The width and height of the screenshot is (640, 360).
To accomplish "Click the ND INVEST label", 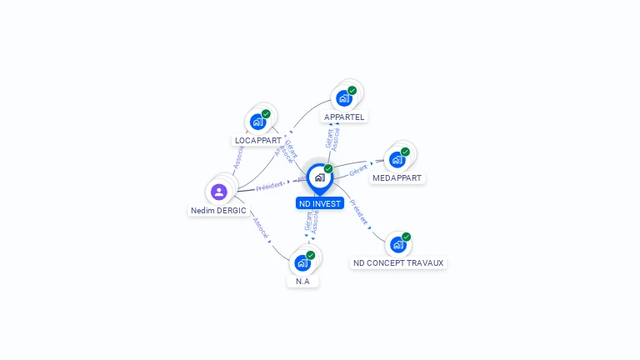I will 320,203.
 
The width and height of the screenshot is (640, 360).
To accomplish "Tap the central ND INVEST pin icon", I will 320,177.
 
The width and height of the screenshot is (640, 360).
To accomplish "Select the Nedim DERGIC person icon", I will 219,192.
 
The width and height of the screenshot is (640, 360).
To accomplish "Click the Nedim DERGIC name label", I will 218,211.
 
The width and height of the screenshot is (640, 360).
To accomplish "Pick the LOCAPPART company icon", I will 258,122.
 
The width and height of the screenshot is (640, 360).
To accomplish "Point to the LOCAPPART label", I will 258,141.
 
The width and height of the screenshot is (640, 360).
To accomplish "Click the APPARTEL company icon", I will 344,97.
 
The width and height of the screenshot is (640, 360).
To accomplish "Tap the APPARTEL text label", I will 344,117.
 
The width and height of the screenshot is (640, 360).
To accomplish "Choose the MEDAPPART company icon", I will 397,159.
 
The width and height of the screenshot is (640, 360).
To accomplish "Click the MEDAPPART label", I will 397,178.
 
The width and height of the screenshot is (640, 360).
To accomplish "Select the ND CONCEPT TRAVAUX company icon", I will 398,244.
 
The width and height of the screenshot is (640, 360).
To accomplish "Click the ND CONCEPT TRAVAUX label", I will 398,262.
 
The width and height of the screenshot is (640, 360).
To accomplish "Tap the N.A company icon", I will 302,262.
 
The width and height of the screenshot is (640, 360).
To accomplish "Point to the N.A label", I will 302,282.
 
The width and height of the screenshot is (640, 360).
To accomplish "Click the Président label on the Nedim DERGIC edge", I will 270,186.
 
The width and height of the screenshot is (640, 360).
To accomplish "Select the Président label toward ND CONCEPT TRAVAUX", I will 359,212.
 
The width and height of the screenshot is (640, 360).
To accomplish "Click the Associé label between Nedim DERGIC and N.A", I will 260,229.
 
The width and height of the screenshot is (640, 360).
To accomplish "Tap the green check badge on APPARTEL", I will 352,90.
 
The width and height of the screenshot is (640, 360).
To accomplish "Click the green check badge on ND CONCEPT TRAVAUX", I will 407,237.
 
